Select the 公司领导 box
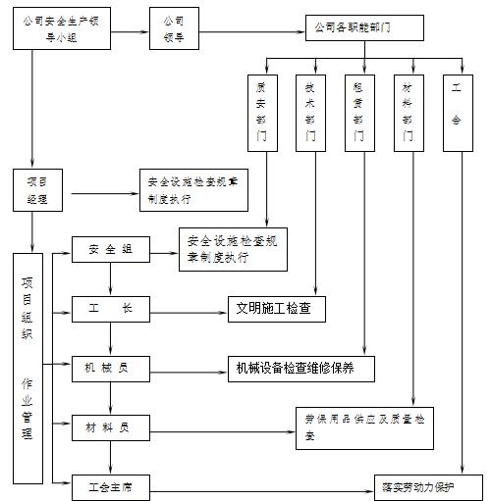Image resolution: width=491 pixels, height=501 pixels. [x=176, y=29]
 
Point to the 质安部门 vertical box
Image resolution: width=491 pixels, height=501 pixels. [x=261, y=112]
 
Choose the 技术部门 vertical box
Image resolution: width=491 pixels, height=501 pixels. [x=310, y=112]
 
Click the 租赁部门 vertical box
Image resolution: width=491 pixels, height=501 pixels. [x=358, y=112]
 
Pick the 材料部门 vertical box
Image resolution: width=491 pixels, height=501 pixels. [x=408, y=112]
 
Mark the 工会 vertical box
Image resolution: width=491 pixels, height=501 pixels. [x=457, y=112]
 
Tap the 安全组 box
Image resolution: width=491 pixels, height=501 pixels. [x=111, y=250]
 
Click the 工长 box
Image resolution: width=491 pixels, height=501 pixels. [x=111, y=311]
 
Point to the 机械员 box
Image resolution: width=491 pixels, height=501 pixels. [x=111, y=369]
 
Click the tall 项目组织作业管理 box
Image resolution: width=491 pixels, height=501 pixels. [x=28, y=368]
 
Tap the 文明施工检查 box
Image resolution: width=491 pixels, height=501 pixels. [x=275, y=311]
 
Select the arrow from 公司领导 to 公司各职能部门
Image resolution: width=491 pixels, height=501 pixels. [x=254, y=28]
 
